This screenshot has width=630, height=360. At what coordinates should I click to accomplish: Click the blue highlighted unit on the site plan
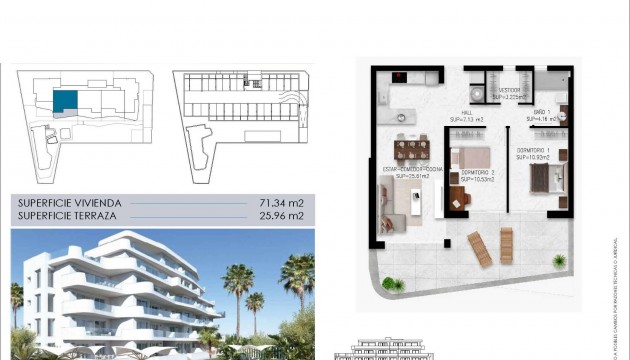64,100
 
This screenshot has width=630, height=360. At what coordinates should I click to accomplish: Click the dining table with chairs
411,150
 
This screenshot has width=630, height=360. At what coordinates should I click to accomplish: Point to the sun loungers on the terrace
489,246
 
